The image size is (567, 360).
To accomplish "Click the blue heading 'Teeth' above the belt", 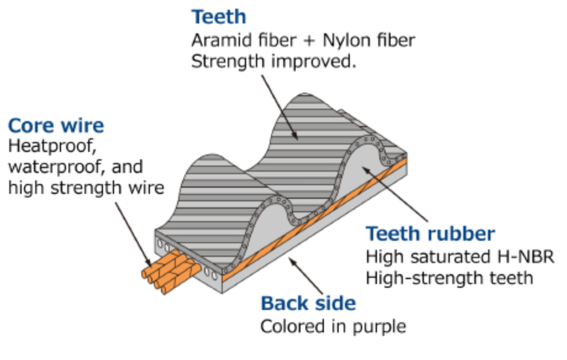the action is (219, 17).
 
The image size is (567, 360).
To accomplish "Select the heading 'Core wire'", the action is (56, 125).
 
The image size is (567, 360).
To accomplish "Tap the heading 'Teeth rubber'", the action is (430, 234).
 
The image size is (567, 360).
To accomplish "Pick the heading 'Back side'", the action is (308, 303).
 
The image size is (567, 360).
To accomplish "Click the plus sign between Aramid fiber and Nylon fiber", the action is (310, 41).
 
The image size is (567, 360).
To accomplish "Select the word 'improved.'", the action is (314, 62).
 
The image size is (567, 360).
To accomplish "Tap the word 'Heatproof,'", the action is (52, 146).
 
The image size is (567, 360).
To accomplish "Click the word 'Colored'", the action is (292, 327).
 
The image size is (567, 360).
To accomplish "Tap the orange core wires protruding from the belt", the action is (171, 272).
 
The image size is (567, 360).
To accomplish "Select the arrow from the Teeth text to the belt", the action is (280, 107).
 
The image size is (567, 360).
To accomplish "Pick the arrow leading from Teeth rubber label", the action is (395, 194).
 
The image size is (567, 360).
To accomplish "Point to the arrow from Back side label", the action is (305, 275).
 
